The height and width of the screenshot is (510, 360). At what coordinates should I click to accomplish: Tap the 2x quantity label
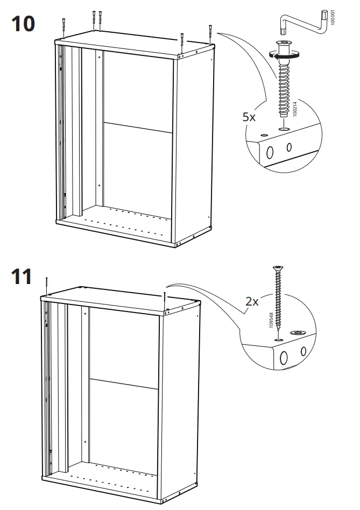pos(252,301)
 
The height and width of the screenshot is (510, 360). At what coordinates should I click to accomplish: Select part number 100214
pos(294,108)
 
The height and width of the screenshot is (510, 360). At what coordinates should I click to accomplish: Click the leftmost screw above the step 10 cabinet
pos(64,27)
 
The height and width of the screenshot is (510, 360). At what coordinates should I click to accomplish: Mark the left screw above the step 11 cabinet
pos(48,285)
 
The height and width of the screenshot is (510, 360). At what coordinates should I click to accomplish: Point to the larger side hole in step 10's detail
pos(271,152)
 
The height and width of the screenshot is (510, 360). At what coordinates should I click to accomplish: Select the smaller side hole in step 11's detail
pos(303,352)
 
